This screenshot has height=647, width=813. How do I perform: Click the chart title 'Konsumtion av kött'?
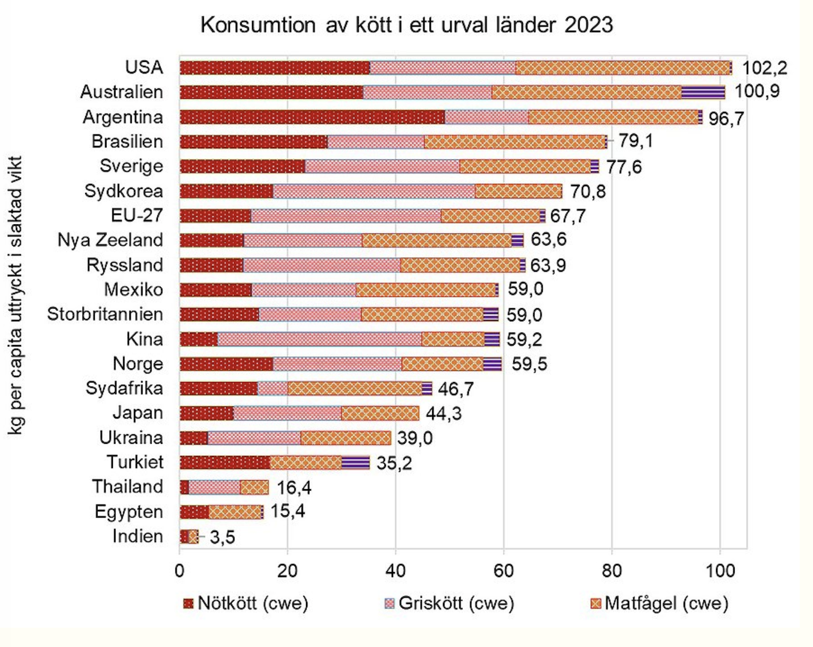[x=407, y=25]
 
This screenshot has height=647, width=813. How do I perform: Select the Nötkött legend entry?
[x=246, y=603]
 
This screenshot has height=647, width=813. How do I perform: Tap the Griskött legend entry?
[x=450, y=603]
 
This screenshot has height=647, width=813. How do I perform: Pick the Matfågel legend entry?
[x=659, y=603]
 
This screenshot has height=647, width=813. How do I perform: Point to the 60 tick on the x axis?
[x=504, y=570]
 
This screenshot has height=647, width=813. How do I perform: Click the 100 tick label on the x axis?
[x=719, y=570]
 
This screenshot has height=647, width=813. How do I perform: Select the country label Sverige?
[x=131, y=166]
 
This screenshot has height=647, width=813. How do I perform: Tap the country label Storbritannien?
[x=105, y=314]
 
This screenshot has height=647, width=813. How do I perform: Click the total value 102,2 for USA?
[x=764, y=68]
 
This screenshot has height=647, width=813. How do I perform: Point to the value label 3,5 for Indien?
[x=222, y=537]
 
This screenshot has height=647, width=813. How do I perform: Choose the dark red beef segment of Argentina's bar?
[x=312, y=117]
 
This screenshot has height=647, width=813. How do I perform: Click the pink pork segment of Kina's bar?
[x=320, y=339]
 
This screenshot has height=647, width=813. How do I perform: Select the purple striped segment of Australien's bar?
[x=703, y=92]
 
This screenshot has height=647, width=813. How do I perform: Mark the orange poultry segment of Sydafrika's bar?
[x=355, y=388]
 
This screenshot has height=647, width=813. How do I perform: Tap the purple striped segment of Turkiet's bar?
[x=355, y=463]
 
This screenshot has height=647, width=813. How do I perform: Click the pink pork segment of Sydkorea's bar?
[x=374, y=191]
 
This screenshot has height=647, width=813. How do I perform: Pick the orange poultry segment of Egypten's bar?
[x=234, y=512]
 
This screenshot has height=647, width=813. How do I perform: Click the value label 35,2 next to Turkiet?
[x=394, y=463]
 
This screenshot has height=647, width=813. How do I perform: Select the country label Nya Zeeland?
[x=110, y=240]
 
